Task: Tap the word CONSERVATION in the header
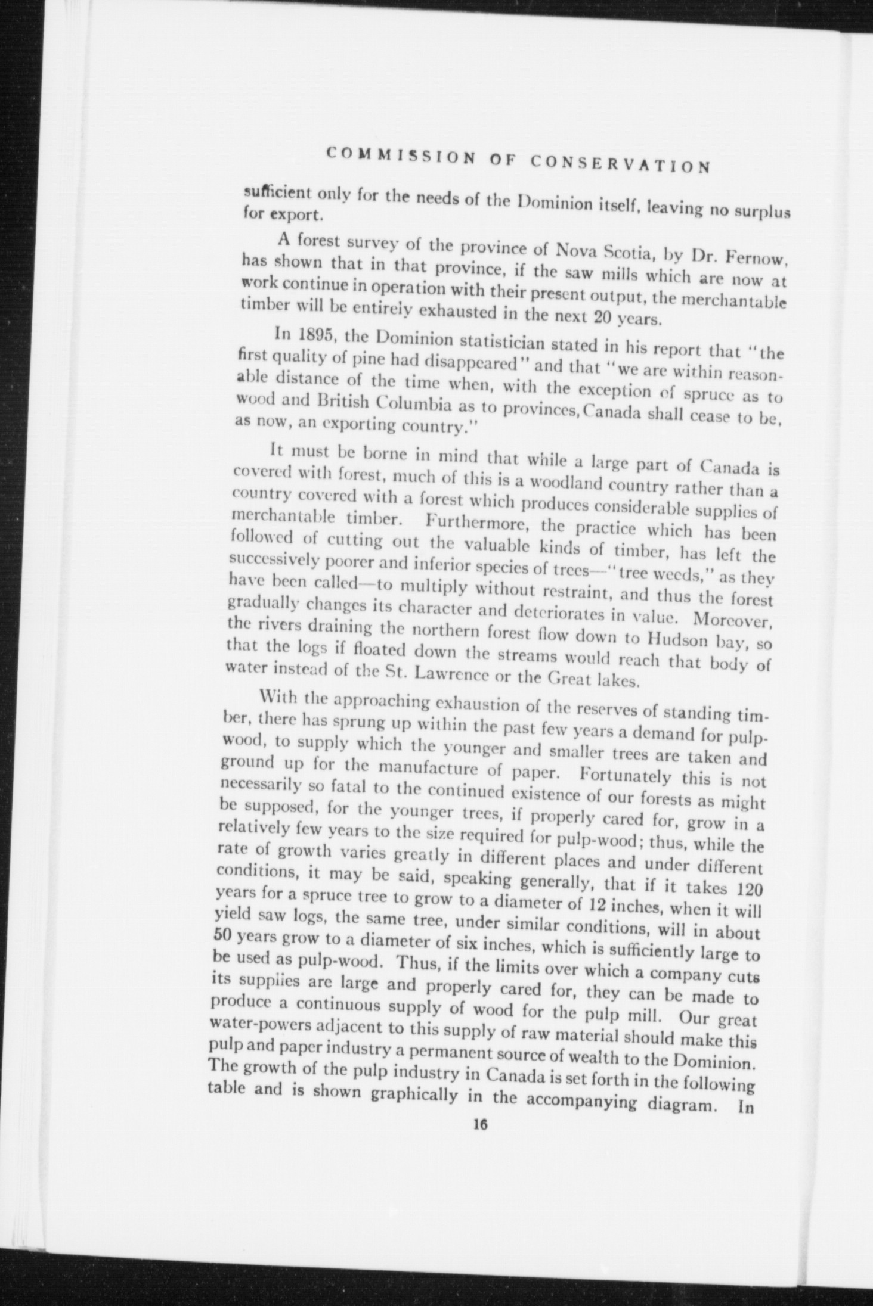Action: pyautogui.click(x=620, y=161)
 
